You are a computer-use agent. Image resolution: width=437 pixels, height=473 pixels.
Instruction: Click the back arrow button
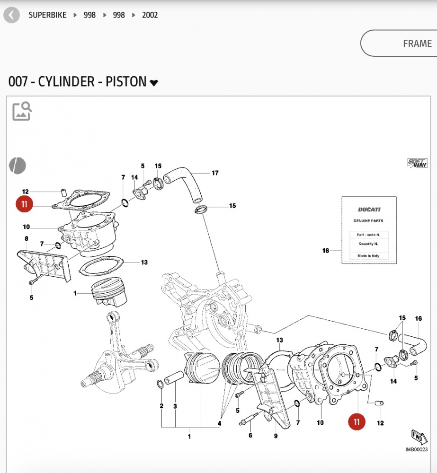point(11,15)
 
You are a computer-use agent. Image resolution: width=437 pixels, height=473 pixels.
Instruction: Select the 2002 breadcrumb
point(150,15)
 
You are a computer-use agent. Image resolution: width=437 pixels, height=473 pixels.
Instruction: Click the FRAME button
point(417,44)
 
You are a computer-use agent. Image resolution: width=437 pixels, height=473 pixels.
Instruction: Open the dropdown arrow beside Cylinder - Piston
point(154,83)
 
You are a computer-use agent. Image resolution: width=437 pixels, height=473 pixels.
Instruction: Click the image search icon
point(22,111)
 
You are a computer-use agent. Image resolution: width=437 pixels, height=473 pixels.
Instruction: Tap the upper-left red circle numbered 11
point(25,204)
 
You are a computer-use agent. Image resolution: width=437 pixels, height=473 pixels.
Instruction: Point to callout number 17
point(215,173)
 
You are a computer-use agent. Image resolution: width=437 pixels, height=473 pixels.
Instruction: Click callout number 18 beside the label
point(326,251)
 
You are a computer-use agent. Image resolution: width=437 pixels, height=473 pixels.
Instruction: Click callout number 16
point(418,318)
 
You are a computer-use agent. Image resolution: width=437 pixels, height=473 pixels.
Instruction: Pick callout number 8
point(27,239)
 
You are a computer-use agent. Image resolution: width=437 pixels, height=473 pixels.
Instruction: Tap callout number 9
point(276,436)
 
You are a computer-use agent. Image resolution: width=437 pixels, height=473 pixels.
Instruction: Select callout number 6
point(250,436)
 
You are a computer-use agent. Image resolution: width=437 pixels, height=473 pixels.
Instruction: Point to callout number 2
point(161,406)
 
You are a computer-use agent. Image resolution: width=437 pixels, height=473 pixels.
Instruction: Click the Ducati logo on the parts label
point(369,209)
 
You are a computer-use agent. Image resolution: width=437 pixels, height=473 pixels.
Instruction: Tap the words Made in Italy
point(369,256)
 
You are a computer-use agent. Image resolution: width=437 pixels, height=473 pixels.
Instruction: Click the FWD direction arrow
point(417,436)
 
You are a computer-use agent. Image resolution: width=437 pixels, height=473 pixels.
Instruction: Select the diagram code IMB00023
point(416,450)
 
